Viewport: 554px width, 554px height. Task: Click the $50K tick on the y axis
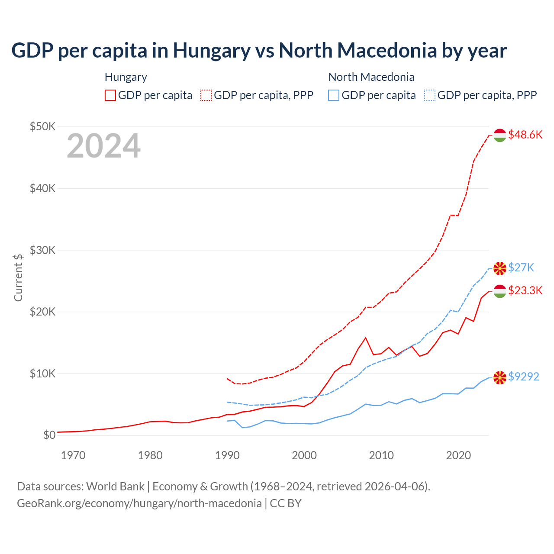[x=42, y=126]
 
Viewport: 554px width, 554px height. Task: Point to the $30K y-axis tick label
[x=42, y=250]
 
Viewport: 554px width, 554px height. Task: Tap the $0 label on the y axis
[x=49, y=435]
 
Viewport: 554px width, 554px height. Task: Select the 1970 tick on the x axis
[x=73, y=455]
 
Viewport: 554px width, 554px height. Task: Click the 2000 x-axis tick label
[x=304, y=455]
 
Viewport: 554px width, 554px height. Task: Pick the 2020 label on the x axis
[x=458, y=455]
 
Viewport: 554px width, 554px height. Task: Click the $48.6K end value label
[x=525, y=135]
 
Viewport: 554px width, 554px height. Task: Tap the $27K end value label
[x=521, y=267]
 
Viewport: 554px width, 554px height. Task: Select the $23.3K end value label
[x=525, y=290]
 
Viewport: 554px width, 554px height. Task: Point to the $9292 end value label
[x=524, y=377]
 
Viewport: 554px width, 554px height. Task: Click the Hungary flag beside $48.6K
[x=500, y=135]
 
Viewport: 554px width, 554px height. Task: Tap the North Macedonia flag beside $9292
[x=500, y=377]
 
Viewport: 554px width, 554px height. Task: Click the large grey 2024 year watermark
[x=103, y=146]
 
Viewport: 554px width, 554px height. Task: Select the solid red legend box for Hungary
[x=110, y=95]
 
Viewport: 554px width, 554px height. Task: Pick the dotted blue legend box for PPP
[x=430, y=95]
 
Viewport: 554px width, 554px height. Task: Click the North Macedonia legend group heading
[x=371, y=77]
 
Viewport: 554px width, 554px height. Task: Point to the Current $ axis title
[x=18, y=277]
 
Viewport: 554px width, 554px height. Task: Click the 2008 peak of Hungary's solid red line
[x=366, y=338]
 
